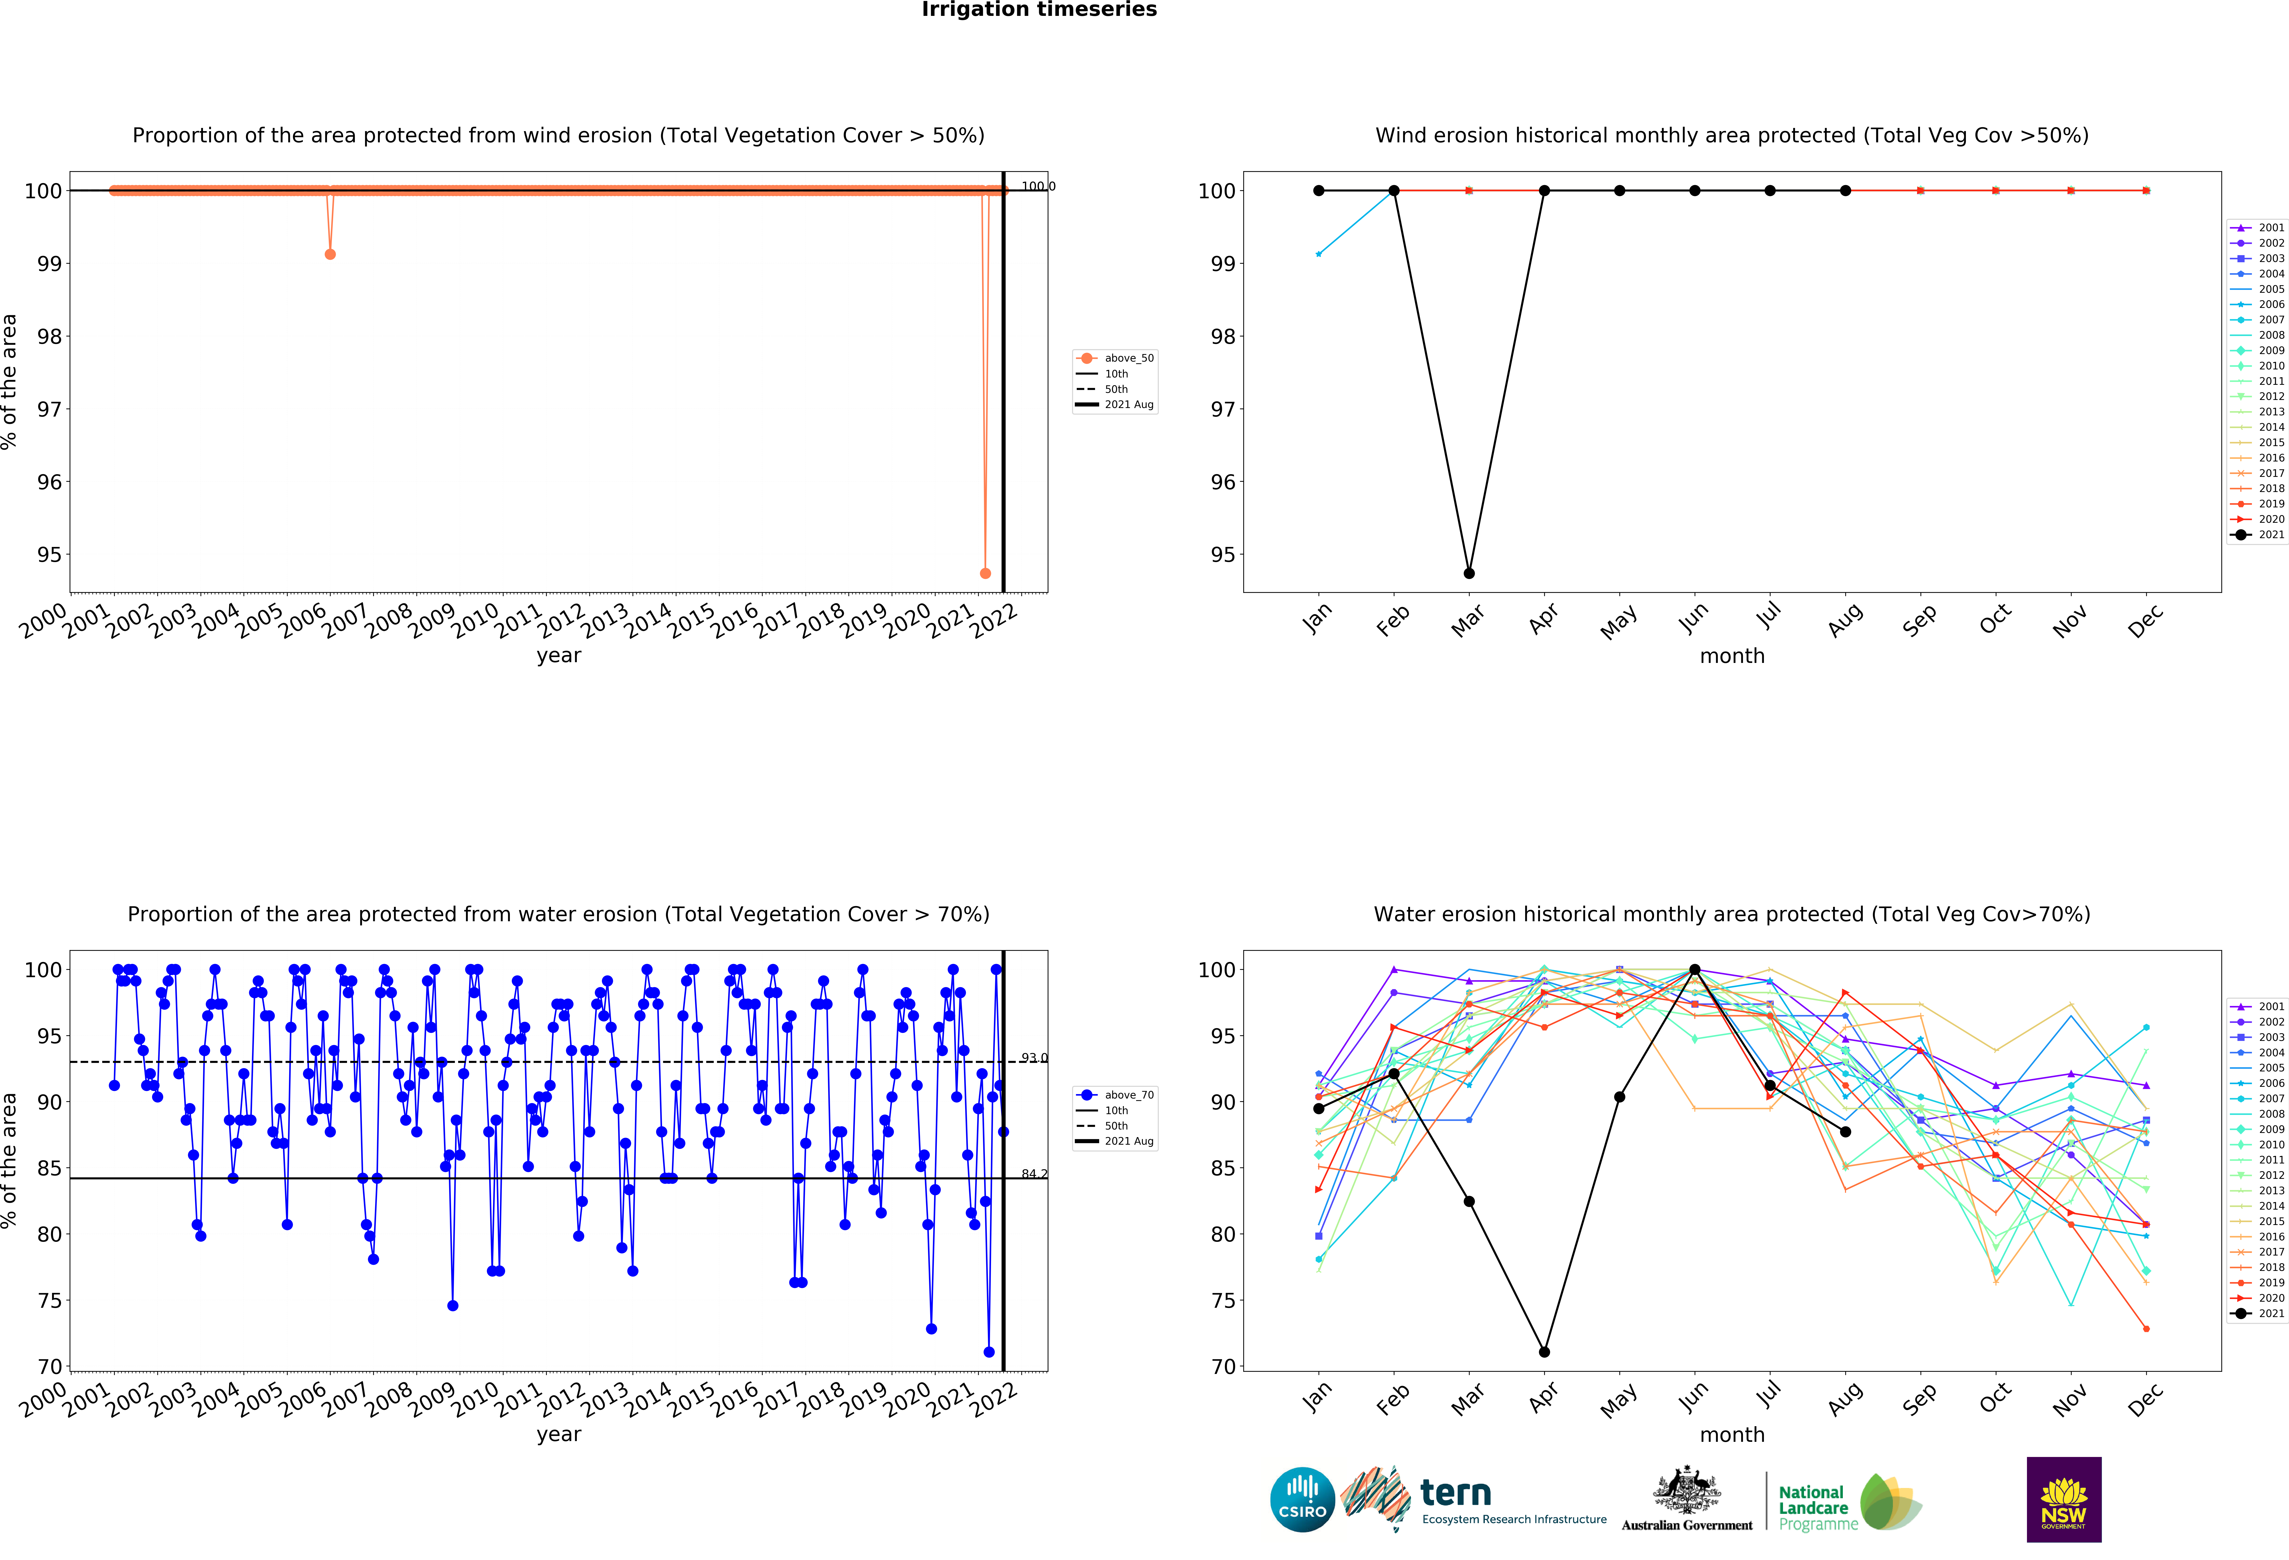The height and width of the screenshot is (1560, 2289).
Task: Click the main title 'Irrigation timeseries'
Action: pyautogui.click(x=1039, y=10)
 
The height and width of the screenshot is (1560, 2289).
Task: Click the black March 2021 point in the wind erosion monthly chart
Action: pyautogui.click(x=1468, y=573)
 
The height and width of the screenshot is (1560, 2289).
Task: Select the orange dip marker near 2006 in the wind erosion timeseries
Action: pyautogui.click(x=330, y=254)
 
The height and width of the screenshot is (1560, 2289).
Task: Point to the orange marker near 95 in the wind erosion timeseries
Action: pyautogui.click(x=985, y=573)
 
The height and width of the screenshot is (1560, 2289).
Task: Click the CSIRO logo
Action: pyautogui.click(x=1302, y=1499)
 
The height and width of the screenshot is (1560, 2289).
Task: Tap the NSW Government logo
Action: pyautogui.click(x=2063, y=1499)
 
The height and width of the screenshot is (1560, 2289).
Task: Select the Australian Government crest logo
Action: pyautogui.click(x=1687, y=1499)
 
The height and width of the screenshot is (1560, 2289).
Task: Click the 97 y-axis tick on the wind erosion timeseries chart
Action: pyautogui.click(x=49, y=409)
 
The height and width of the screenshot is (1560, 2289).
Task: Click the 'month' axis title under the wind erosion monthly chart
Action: pyautogui.click(x=1731, y=656)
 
